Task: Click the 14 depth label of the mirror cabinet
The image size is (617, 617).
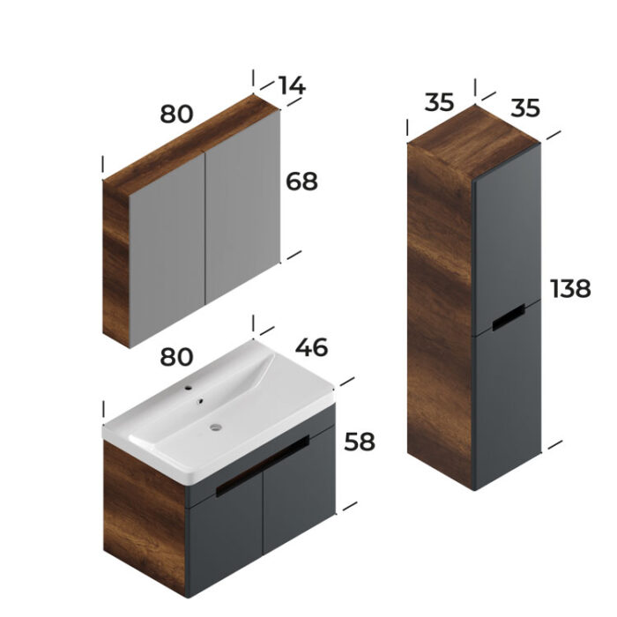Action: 292,85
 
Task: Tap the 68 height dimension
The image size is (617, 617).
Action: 301,182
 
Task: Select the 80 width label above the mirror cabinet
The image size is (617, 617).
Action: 176,114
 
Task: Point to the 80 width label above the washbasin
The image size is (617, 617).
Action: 176,356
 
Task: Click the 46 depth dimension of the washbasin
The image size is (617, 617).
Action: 311,347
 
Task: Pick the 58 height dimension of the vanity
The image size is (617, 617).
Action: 360,442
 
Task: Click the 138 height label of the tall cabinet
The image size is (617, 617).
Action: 570,288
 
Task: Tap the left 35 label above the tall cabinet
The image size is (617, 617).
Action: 439,102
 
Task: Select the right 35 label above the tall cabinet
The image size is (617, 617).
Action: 525,108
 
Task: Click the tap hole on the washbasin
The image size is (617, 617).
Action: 189,388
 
